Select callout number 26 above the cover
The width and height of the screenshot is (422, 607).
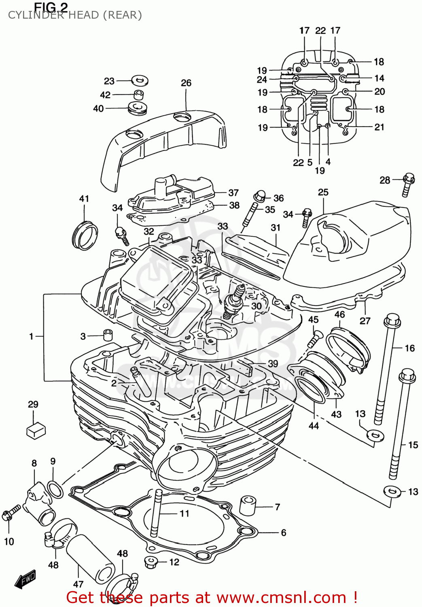coord(186,83)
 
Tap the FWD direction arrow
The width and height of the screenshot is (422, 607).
coord(25,579)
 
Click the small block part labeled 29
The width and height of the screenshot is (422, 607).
coord(36,430)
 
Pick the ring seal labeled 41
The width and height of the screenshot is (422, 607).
coord(85,236)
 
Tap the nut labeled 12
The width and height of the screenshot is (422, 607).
coord(150,562)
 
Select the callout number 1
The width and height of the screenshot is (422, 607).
coord(31,336)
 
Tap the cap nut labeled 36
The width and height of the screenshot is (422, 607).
coord(260,197)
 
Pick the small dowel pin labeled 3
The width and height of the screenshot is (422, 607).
coord(107,335)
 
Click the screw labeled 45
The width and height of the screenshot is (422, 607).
coord(314,339)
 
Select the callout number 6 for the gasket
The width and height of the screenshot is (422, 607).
coord(284,533)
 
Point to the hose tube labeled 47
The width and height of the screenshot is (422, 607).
coord(91,558)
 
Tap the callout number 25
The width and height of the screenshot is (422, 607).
coord(323,192)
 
